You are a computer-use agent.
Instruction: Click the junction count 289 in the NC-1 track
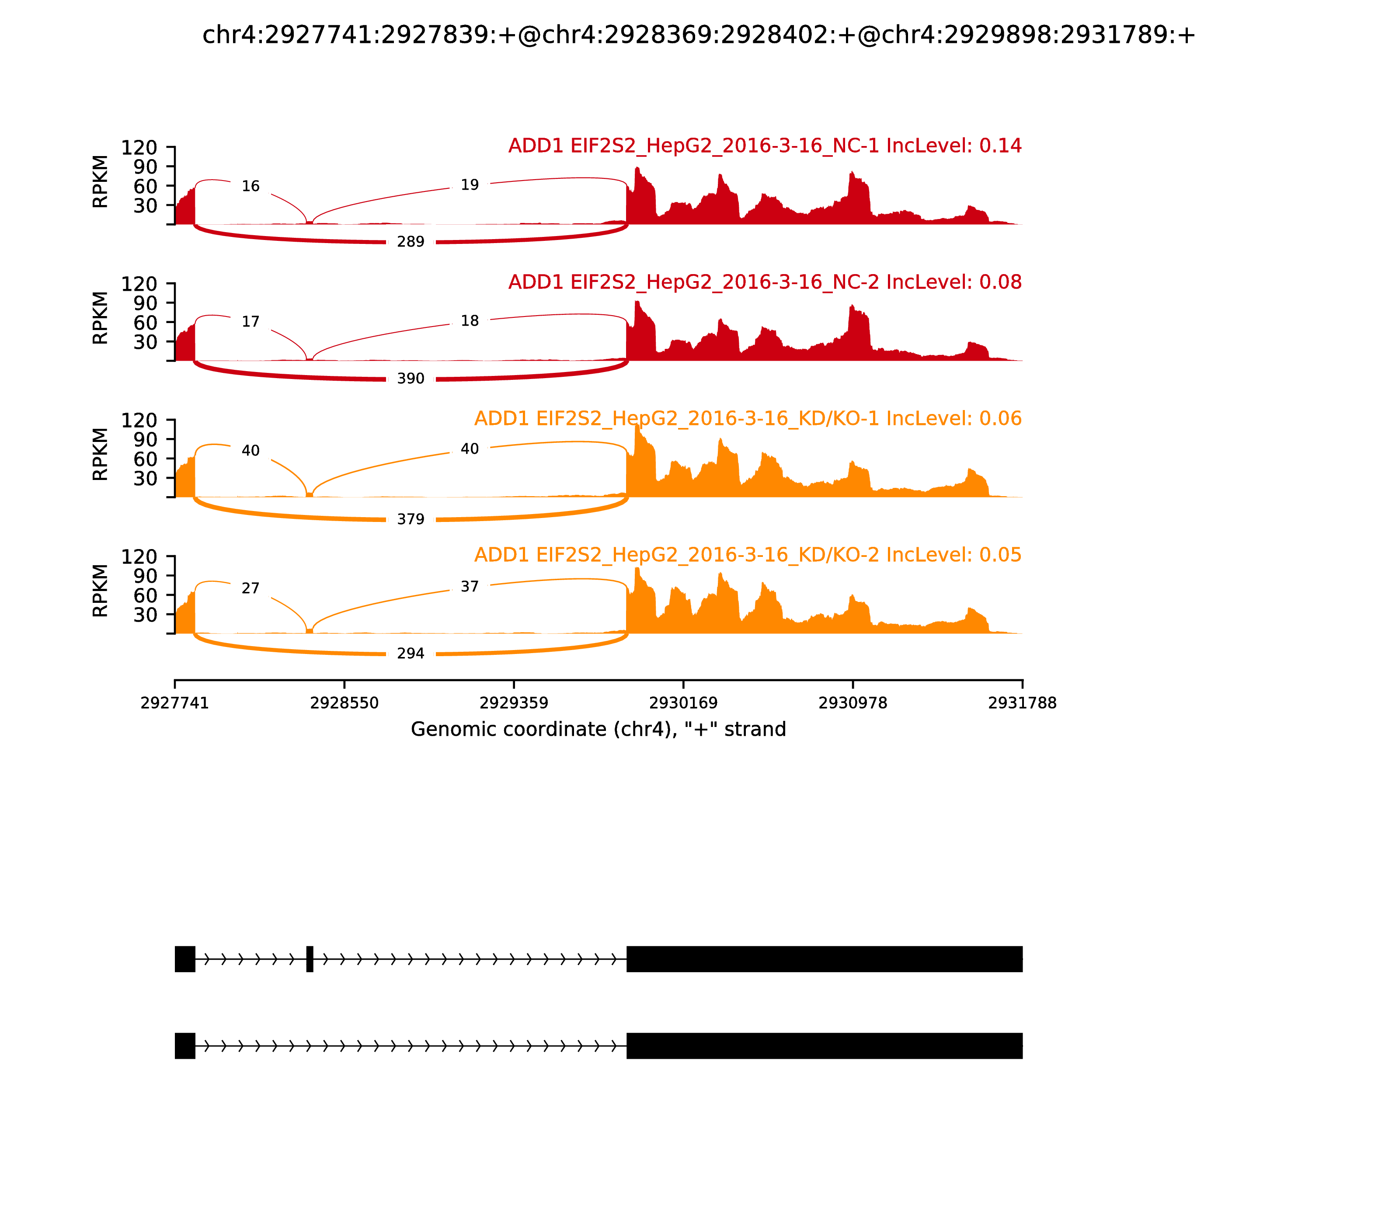click(411, 242)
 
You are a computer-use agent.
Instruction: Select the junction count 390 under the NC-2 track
click(411, 379)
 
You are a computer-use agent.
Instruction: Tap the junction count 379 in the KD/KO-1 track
click(411, 519)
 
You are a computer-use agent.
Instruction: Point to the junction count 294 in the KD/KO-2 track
click(411, 654)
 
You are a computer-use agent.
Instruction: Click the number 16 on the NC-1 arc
click(251, 186)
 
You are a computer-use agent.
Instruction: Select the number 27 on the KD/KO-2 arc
click(251, 588)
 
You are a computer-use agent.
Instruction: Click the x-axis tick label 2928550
click(345, 703)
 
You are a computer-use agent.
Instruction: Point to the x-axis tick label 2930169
click(683, 703)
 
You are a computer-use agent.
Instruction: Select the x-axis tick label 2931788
click(1022, 703)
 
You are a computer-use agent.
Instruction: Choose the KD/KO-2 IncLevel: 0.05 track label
click(748, 555)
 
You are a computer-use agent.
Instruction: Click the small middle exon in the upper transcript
click(310, 959)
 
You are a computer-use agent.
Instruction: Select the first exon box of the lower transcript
click(185, 1046)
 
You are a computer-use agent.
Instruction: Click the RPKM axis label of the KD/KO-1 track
click(101, 454)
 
